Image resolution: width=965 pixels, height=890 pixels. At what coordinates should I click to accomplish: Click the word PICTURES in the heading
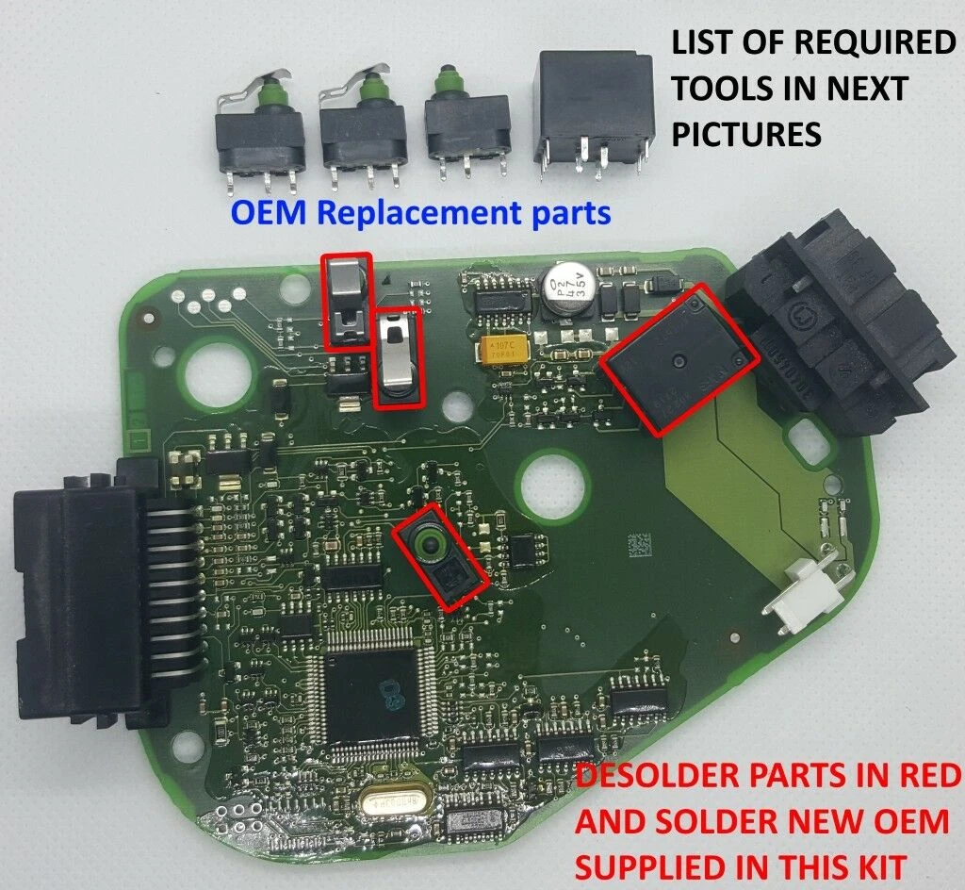coord(745,134)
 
